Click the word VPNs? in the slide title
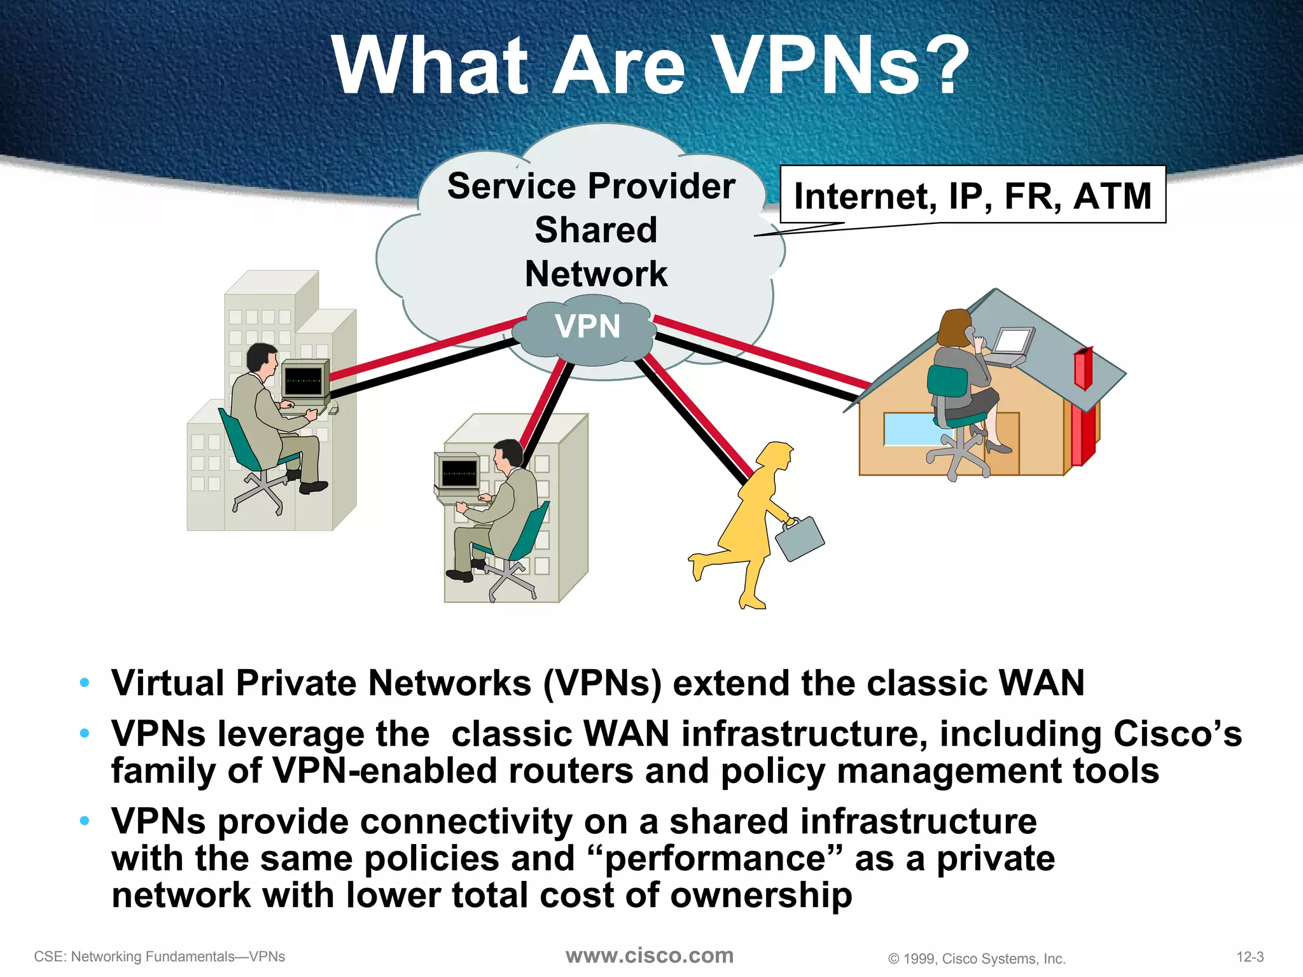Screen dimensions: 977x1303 coord(840,66)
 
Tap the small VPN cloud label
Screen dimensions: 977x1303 coord(587,326)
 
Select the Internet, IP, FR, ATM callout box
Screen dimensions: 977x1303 coord(973,195)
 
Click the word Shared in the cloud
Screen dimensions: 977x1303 coord(596,230)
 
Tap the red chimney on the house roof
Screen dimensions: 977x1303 coord(1083,369)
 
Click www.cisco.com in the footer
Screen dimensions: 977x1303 coord(650,955)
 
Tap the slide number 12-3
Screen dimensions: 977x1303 coord(1250,957)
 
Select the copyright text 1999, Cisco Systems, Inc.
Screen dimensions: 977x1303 coord(977,959)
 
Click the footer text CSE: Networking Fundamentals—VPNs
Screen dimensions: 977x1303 coord(160,957)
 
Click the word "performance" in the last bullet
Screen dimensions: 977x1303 coord(716,859)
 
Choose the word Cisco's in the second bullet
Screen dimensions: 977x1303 coord(1177,734)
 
